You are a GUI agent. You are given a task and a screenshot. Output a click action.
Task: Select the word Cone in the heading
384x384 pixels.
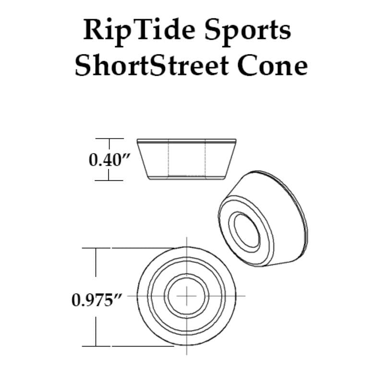pyautogui.click(x=272, y=66)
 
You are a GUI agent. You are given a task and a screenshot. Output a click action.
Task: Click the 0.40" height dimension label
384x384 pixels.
pyautogui.click(x=109, y=160)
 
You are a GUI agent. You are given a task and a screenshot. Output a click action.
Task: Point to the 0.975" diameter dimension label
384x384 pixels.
pyautogui.click(x=96, y=300)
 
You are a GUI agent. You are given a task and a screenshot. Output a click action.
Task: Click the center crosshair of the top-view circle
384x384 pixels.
pyautogui.click(x=187, y=296)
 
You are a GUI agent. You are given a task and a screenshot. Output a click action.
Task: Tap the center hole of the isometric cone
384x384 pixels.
pyautogui.click(x=246, y=230)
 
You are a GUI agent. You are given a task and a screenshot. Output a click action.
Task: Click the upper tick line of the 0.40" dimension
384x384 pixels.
pyautogui.click(x=109, y=138)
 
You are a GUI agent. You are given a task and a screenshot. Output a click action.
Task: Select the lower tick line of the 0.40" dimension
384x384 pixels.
pyautogui.click(x=109, y=180)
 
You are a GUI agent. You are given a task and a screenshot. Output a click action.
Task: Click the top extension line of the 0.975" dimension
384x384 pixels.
pyautogui.click(x=128, y=248)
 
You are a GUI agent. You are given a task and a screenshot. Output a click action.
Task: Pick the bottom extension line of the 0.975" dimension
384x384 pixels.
pyautogui.click(x=128, y=346)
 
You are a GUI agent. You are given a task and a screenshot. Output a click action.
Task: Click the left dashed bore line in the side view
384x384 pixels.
pyautogui.click(x=168, y=158)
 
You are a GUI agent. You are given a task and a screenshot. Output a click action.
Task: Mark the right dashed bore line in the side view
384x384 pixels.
pyautogui.click(x=205, y=158)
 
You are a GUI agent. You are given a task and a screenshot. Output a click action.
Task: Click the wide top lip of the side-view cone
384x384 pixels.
pyautogui.click(x=187, y=141)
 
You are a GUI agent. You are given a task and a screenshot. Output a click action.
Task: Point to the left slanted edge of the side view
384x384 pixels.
pyautogui.click(x=143, y=160)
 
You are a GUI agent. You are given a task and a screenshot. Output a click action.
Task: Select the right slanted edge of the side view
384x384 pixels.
pyautogui.click(x=230, y=160)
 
